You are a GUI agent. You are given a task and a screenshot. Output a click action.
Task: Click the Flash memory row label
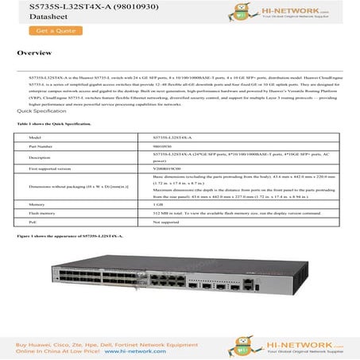point(43,212)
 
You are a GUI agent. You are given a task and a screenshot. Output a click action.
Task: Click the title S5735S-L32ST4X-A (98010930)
point(72,6)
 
